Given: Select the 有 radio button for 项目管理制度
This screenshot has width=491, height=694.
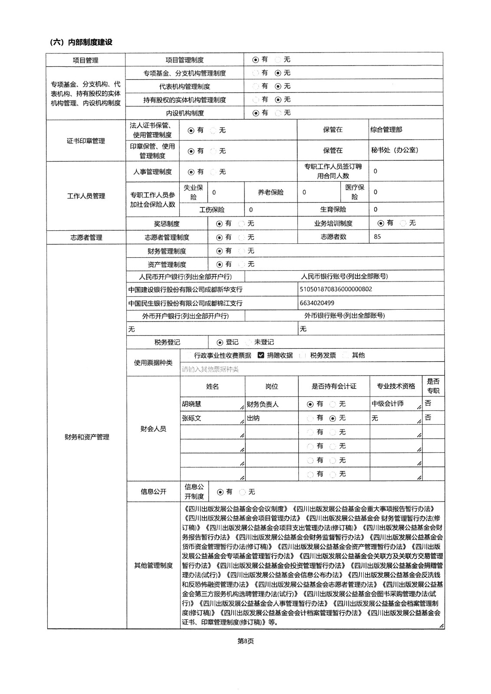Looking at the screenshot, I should coord(256,59).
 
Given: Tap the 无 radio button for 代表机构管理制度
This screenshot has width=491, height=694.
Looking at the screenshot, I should coord(278,86).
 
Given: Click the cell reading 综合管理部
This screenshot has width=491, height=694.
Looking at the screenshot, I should coord(386,130).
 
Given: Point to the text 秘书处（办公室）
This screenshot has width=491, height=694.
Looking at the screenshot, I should coord(395,150).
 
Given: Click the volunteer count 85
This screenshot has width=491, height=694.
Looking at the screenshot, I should coord(377,237).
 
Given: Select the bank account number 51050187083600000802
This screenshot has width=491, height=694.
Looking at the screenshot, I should coord(336,289).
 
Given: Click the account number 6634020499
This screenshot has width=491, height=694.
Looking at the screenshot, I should coord(317,303).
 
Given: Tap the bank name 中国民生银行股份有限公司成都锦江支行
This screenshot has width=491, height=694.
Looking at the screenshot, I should coord(185,303).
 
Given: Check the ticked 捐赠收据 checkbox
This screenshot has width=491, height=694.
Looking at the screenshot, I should coord(261,355).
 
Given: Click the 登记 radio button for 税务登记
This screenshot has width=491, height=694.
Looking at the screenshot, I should coord(220,342).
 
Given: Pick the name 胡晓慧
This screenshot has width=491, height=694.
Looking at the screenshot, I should coord(191,404).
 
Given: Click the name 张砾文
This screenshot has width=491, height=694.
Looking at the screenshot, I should coord(191,418).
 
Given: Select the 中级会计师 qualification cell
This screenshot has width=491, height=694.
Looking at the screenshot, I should coord(387,404).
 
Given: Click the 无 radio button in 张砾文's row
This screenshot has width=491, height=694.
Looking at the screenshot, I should coord(333,418).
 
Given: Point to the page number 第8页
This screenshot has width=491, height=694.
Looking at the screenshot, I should coord(245,641).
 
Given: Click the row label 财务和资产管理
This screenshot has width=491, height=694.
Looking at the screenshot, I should coord(87,437).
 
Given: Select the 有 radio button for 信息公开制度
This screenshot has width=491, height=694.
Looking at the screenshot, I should coord(220,492).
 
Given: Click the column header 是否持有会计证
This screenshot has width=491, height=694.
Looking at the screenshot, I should coord(334,386).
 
